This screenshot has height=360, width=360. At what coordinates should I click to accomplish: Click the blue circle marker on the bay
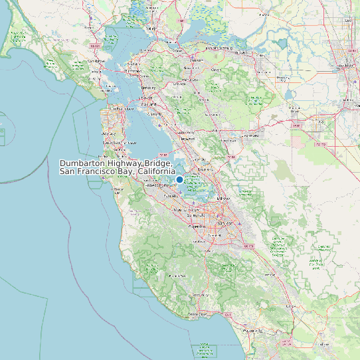(x=179, y=179)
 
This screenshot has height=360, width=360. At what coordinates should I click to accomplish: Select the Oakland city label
(x=149, y=104)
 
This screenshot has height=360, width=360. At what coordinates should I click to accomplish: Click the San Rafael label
(x=97, y=61)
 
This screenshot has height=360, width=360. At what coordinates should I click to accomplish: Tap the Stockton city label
(x=346, y=66)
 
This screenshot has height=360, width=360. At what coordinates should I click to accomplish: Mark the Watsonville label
(x=251, y=330)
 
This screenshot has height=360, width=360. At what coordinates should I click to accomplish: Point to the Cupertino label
(x=197, y=226)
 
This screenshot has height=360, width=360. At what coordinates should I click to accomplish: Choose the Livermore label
(x=251, y=135)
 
